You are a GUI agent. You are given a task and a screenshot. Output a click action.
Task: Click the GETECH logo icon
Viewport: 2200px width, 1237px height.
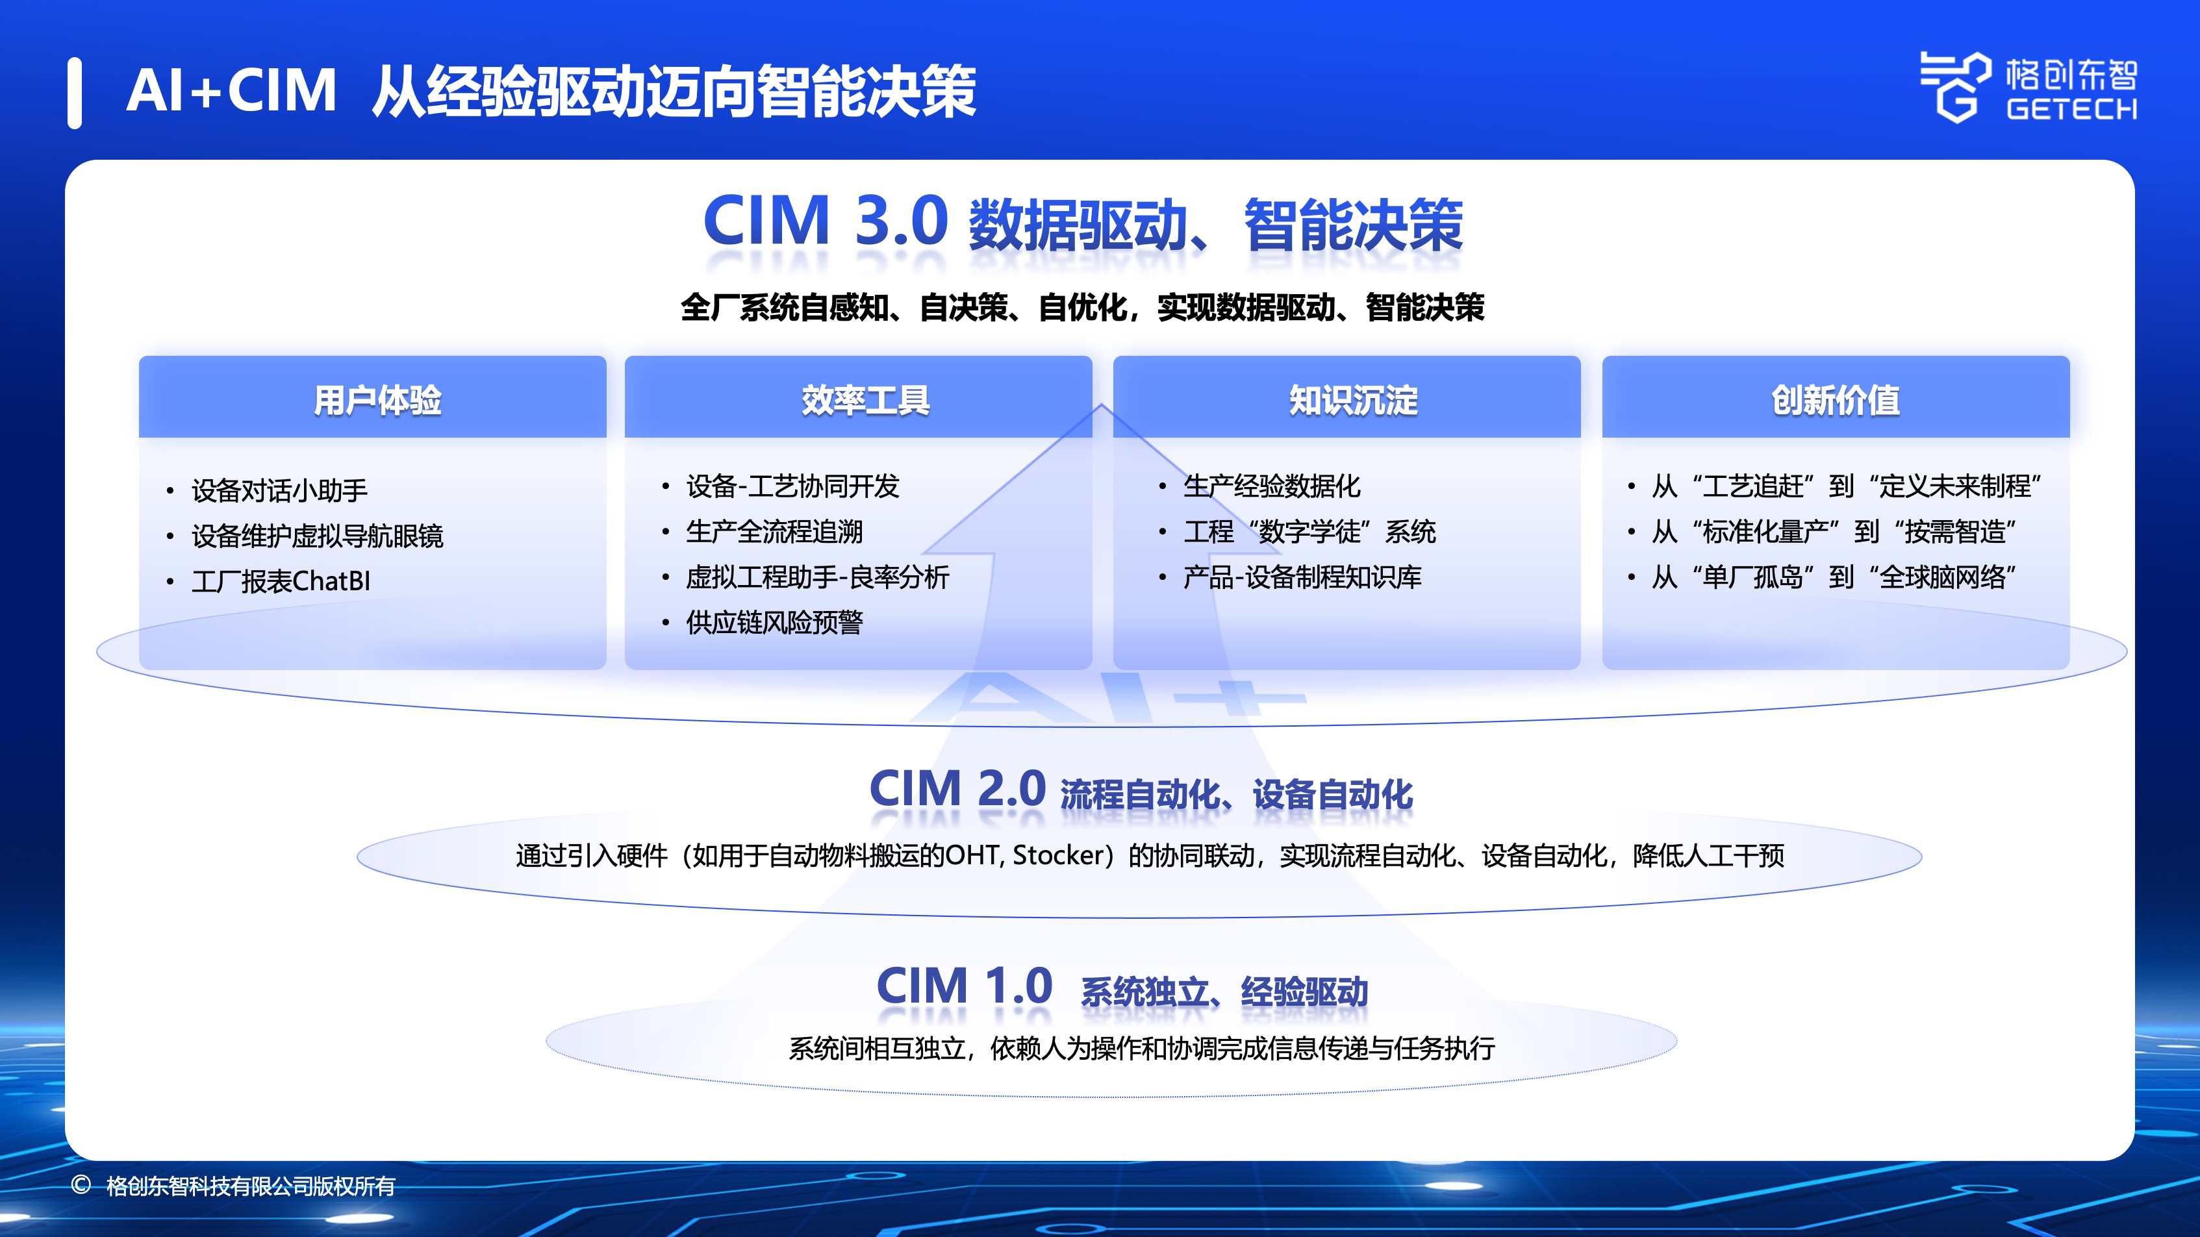pyautogui.click(x=1955, y=87)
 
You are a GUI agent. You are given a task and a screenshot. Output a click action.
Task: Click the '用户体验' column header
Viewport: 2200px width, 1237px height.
pyautogui.click(x=377, y=399)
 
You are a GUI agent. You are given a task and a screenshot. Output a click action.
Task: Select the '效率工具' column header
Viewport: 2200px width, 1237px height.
pyautogui.click(x=865, y=399)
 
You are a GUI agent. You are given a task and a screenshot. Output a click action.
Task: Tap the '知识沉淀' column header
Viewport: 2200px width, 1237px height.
pyautogui.click(x=1353, y=399)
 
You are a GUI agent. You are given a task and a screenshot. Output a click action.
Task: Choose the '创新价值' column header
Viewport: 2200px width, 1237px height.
pyautogui.click(x=1836, y=399)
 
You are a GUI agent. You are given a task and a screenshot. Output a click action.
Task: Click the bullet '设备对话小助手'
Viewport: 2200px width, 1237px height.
pyautogui.click(x=279, y=490)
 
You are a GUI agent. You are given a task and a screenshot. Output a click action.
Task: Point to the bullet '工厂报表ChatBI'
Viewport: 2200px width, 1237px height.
pyautogui.click(x=281, y=581)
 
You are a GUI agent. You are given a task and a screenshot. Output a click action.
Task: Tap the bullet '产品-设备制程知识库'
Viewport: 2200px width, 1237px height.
pyautogui.click(x=1302, y=577)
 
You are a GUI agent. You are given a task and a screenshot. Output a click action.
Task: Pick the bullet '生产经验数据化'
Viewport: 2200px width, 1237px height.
pyautogui.click(x=1272, y=486)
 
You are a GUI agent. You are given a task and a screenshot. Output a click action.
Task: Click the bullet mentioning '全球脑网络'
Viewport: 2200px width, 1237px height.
pyautogui.click(x=1834, y=577)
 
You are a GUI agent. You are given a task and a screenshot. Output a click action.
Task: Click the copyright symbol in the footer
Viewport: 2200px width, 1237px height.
pyautogui.click(x=81, y=1185)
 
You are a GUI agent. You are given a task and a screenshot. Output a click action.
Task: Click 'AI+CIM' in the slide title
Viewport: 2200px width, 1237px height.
pyautogui.click(x=231, y=90)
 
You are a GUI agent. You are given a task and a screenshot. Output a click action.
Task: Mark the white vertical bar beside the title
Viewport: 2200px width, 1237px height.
pyautogui.click(x=75, y=93)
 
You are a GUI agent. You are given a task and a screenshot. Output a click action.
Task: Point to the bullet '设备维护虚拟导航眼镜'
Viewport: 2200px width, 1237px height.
pyautogui.click(x=317, y=536)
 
